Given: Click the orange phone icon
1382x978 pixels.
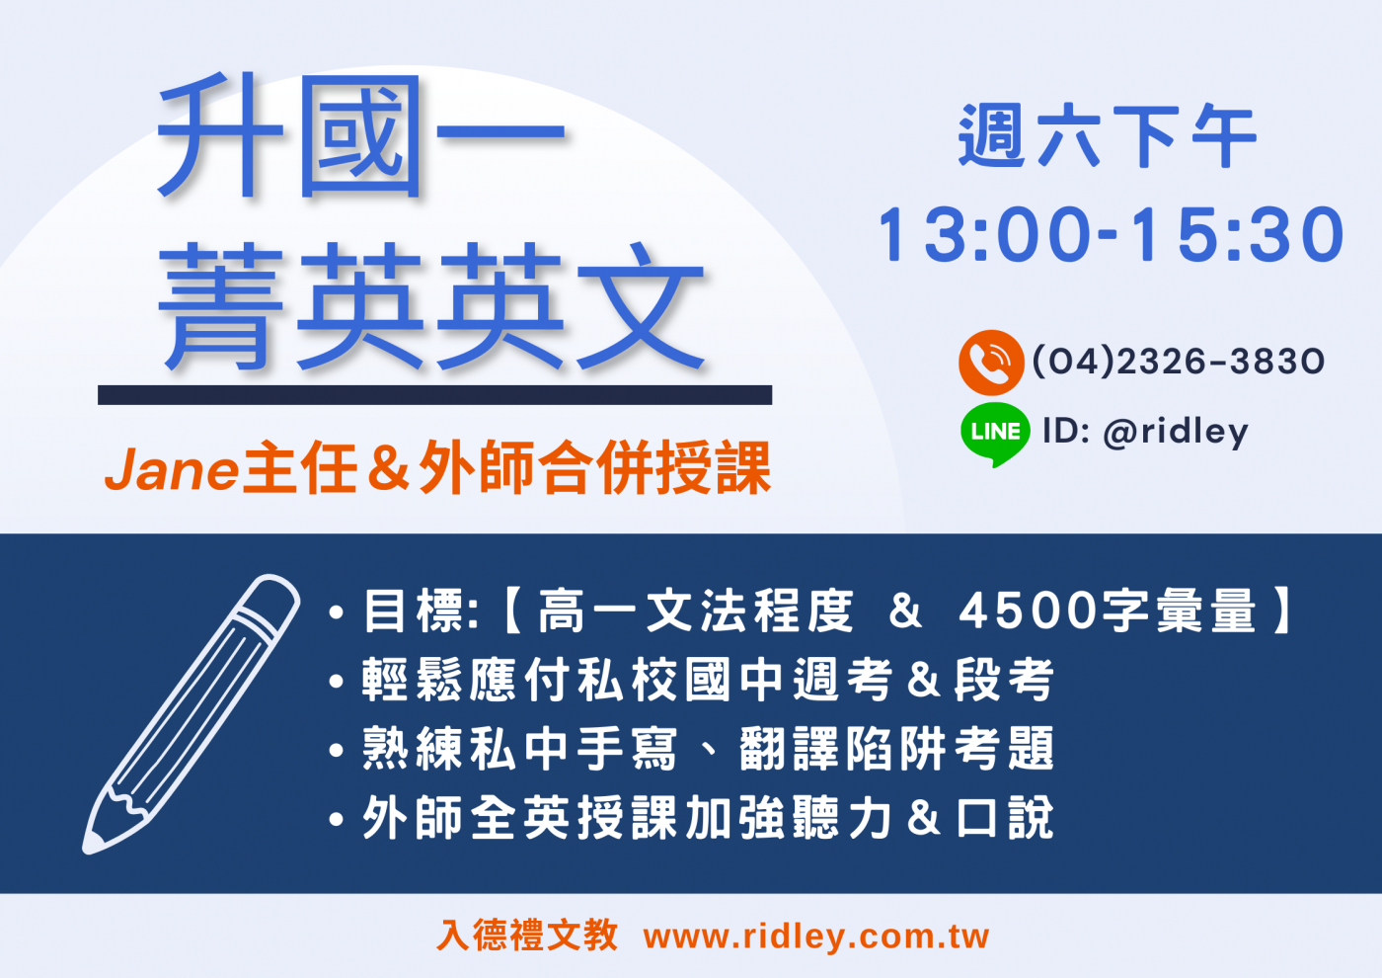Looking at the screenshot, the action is [991, 363].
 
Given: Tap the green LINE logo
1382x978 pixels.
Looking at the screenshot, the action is [995, 434].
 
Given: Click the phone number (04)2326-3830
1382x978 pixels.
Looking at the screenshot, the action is [1179, 362].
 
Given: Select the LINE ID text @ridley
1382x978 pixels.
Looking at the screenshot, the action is [1176, 433].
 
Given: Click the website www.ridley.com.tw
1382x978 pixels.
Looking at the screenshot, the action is [816, 937].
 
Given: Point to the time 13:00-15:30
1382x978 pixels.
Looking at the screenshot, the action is [1111, 235].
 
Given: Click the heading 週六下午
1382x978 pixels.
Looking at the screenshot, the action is [1108, 135].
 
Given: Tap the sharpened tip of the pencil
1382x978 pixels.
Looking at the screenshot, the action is [88, 850].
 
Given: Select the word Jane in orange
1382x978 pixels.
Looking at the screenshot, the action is [172, 470].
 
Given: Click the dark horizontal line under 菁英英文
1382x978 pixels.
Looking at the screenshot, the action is [435, 395].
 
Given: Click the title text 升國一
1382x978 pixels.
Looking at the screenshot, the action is [361, 135].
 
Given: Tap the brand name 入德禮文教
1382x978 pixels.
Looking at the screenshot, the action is [527, 936].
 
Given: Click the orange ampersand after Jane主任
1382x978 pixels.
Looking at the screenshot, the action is [388, 467].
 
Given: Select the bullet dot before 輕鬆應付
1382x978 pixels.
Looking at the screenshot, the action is [337, 682].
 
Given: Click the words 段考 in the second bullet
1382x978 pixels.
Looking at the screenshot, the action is [1004, 680].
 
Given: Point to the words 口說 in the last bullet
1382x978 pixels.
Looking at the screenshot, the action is [1006, 818].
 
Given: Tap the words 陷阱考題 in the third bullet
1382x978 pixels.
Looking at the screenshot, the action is [950, 749].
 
